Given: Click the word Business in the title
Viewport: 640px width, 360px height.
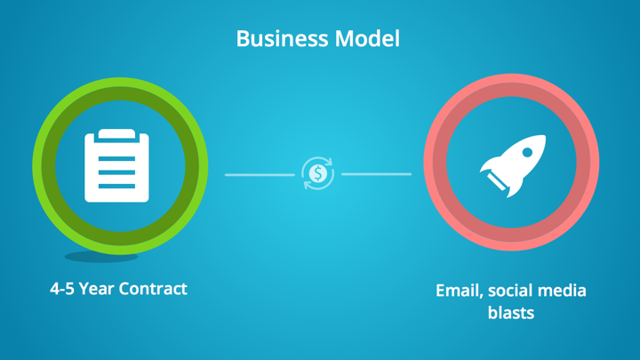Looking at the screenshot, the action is [282, 39].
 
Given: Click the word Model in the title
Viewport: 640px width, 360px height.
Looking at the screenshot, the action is [367, 39].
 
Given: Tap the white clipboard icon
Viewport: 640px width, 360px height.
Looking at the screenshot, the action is [116, 165].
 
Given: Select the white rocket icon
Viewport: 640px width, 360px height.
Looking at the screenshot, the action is [513, 165].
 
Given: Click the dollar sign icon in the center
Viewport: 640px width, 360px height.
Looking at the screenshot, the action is [318, 173].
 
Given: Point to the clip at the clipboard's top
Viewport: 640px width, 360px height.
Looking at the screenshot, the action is [116, 135].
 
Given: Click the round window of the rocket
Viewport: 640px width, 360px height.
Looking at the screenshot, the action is [527, 152].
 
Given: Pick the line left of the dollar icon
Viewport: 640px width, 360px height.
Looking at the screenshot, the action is [260, 175].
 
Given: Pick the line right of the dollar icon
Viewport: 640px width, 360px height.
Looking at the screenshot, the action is [376, 174].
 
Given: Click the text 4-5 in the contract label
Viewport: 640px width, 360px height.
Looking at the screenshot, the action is [62, 289].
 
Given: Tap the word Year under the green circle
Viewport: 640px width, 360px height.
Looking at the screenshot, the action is [96, 289].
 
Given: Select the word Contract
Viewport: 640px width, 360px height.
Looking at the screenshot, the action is [153, 289].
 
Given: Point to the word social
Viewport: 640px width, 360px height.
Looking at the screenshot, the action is [510, 291].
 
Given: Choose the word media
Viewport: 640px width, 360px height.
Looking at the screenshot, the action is [562, 291].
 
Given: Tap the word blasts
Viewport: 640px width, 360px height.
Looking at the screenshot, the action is [511, 313].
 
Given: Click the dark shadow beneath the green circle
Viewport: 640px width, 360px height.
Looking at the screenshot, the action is [101, 257].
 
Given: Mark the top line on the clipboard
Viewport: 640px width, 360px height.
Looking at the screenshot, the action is [116, 159].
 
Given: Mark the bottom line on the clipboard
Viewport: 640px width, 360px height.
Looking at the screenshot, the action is [116, 186].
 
